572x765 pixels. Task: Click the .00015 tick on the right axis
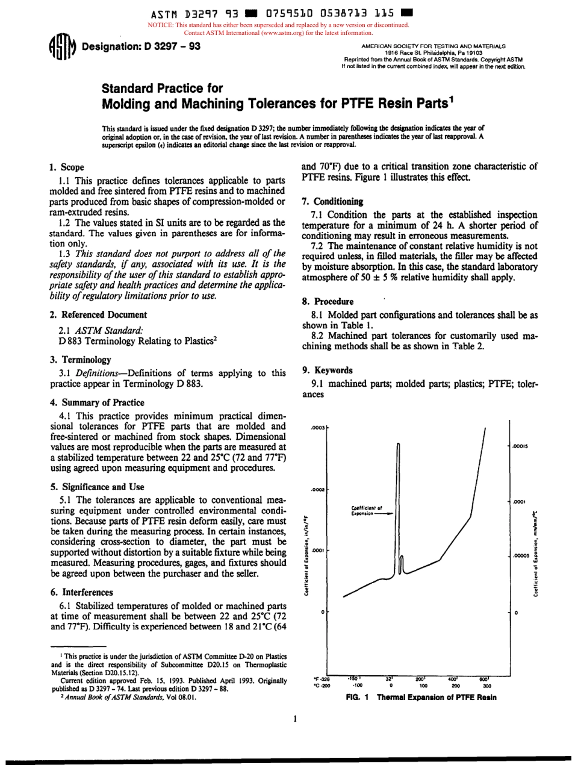coord(520,446)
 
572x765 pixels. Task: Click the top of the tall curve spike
coord(399,443)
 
